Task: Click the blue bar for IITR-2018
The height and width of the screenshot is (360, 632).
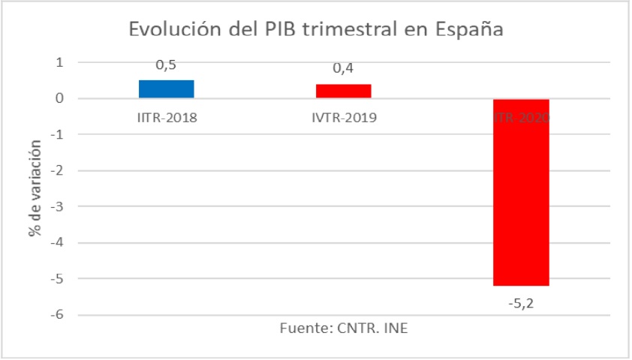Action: point(167,89)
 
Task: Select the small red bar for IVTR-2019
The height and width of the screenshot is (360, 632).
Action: point(344,91)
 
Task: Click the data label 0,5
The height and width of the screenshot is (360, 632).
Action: point(166,66)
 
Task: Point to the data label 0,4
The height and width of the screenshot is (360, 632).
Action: point(344,70)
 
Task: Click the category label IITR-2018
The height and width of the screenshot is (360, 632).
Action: point(167,118)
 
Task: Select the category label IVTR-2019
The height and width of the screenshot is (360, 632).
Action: point(344,118)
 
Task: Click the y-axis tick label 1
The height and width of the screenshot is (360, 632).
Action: point(59,62)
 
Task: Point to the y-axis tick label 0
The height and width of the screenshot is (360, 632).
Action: point(59,98)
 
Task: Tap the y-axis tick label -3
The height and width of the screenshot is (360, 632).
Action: point(56,206)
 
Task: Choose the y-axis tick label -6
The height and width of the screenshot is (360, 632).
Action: point(56,315)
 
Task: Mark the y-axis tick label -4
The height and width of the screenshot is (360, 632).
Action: point(56,242)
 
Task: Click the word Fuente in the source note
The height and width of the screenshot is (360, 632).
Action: point(301,329)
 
